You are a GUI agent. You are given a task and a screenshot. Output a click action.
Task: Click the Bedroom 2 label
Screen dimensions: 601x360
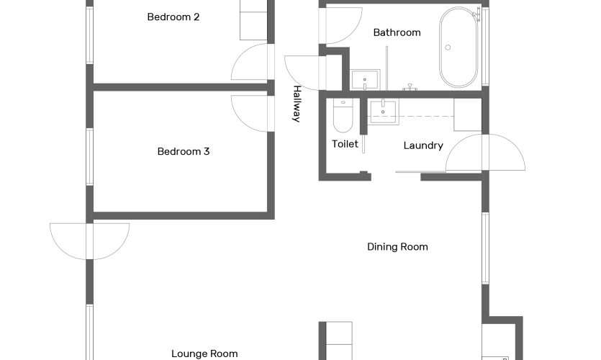point(173,17)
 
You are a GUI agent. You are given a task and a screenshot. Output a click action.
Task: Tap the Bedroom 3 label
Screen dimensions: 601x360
point(184,151)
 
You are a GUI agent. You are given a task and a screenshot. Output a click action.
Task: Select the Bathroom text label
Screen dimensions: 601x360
point(397,32)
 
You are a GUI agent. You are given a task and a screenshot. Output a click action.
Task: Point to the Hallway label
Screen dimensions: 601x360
point(297,104)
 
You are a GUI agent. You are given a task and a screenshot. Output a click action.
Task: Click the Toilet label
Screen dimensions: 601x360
point(345,144)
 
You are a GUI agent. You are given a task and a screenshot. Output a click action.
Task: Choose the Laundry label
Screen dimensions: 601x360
point(423,145)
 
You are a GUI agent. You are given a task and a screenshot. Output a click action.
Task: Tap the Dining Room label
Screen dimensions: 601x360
point(397,247)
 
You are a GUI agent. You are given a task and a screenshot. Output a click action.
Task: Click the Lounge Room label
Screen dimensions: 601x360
point(204,354)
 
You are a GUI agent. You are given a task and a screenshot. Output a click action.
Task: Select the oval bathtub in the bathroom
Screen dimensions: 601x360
point(458,47)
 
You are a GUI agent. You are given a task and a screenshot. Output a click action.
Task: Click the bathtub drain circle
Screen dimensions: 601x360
point(448,48)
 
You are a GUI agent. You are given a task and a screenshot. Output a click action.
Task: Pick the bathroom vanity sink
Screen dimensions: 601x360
point(365,80)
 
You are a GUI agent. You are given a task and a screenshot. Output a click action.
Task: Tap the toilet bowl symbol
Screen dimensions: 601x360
point(343,115)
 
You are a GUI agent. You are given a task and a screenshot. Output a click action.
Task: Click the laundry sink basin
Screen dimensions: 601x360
point(383,112)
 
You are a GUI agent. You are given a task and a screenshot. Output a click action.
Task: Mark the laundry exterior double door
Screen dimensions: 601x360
point(485,152)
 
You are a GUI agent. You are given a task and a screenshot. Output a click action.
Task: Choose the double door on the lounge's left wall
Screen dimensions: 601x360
point(90,241)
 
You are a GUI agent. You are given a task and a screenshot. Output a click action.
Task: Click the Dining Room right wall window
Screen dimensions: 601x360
point(485,248)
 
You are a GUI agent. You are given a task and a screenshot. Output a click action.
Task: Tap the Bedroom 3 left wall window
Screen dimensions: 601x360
point(90,157)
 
